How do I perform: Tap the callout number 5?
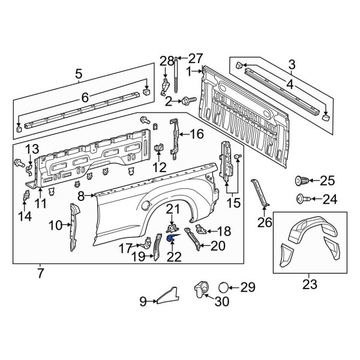[78, 75]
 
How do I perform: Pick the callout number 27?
[196, 58]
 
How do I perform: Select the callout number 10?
[55, 225]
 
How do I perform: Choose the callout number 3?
[292, 64]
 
